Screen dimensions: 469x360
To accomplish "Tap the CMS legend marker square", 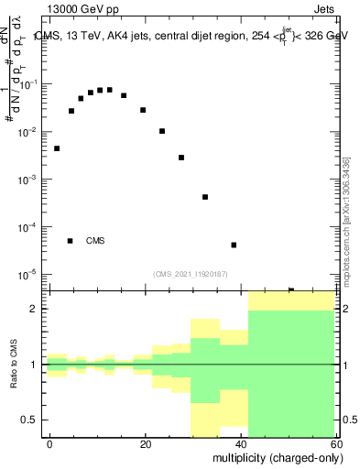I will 70,241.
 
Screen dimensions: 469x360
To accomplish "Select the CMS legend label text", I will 95,241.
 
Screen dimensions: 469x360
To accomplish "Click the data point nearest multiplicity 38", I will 234,245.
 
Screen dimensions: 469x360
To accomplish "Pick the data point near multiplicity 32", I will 205,197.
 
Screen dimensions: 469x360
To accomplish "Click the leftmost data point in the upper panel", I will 57,148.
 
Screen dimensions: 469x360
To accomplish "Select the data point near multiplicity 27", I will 181,158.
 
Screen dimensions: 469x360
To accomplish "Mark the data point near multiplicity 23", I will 162,131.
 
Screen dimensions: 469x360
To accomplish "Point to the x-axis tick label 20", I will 146,444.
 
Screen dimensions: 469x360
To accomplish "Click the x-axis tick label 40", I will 243,444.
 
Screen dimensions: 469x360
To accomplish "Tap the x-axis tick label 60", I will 338,444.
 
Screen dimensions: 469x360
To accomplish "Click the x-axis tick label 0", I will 50,444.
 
